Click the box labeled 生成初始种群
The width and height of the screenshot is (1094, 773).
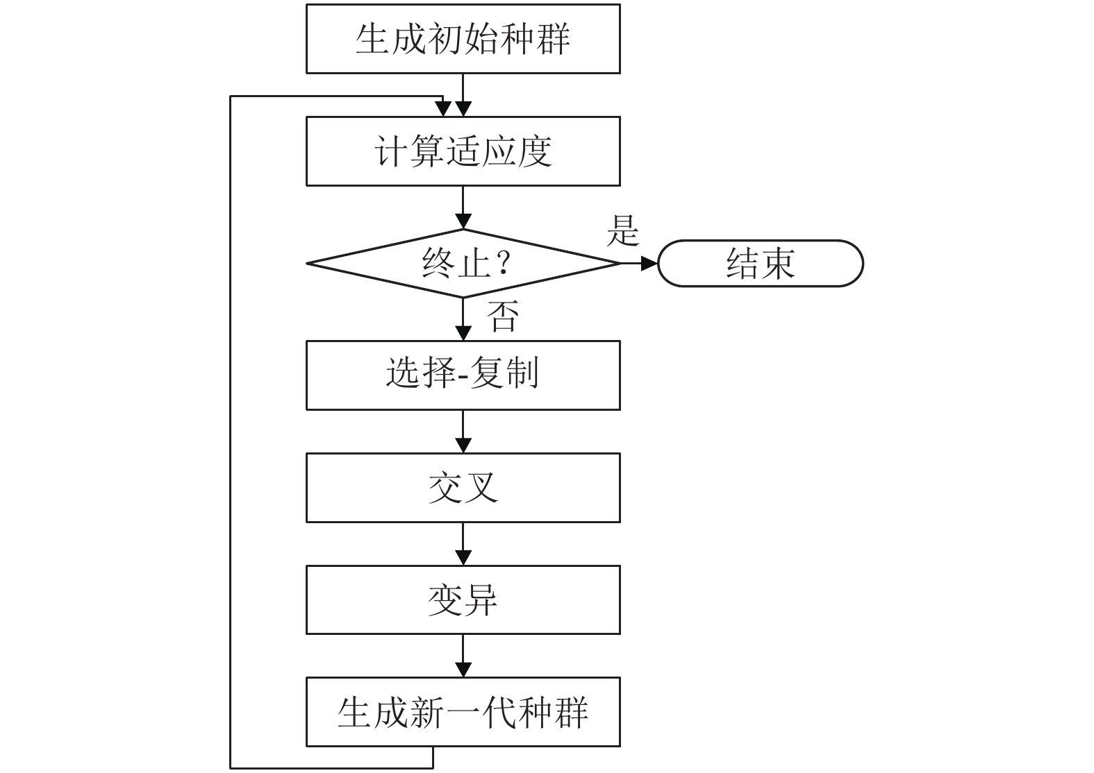tap(463, 39)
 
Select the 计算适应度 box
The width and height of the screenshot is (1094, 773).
tap(463, 151)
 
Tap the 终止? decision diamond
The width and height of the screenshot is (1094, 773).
tap(463, 264)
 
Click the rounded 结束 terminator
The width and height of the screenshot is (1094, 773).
tap(761, 264)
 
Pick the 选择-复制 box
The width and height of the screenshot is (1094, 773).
tap(463, 375)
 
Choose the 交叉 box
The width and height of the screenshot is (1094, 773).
tap(463, 488)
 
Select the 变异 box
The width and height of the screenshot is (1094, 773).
tap(463, 600)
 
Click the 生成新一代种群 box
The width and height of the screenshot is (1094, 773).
tap(463, 712)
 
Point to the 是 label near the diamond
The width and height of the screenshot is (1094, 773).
tap(622, 230)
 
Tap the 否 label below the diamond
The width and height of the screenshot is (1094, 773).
tap(503, 316)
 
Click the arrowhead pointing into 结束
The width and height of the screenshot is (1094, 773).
tap(649, 264)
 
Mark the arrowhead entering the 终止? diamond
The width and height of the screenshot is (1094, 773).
tap(463, 221)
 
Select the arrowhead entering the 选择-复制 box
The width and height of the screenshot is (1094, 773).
tap(463, 333)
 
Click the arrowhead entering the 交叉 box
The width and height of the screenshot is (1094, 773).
tap(463, 445)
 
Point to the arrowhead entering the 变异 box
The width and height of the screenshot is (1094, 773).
tap(463, 558)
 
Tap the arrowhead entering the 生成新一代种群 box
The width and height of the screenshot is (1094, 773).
tap(463, 670)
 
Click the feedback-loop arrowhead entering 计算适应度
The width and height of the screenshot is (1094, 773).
tap(442, 110)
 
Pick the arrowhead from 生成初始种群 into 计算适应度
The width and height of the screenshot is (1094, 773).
tap(463, 110)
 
